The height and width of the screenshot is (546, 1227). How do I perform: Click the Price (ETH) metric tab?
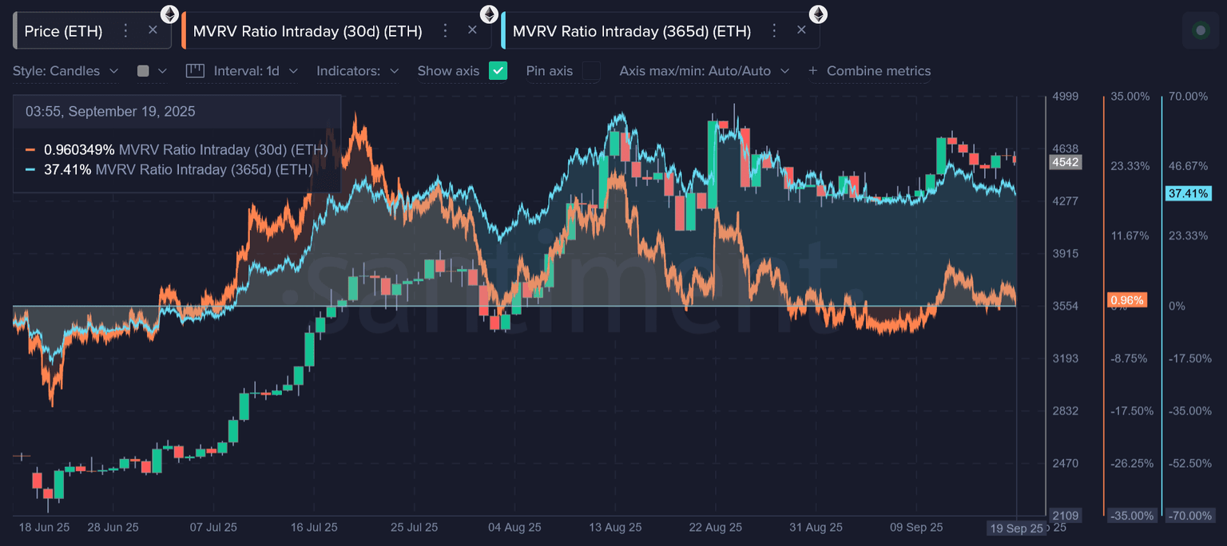63,31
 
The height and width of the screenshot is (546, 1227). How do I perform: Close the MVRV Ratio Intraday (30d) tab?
472,30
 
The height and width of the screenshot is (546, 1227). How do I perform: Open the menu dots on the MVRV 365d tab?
773,30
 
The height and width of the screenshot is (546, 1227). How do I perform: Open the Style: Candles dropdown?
66,71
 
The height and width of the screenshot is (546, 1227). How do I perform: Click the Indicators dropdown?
357,71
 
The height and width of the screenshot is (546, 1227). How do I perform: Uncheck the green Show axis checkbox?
498,71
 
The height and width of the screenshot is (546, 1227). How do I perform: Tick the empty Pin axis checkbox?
591,71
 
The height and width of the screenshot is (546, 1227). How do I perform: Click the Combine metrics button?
870,71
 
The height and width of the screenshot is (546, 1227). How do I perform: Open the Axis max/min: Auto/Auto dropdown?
704,71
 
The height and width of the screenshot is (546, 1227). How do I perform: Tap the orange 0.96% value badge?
1127,300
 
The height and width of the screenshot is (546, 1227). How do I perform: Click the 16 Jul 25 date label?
314,528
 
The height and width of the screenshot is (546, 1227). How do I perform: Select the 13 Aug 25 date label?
615,528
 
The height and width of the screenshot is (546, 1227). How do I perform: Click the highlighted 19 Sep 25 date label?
1016,528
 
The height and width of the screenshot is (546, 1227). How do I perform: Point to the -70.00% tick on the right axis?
1189,516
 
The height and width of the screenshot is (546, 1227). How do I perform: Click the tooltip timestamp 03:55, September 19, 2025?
110,112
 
